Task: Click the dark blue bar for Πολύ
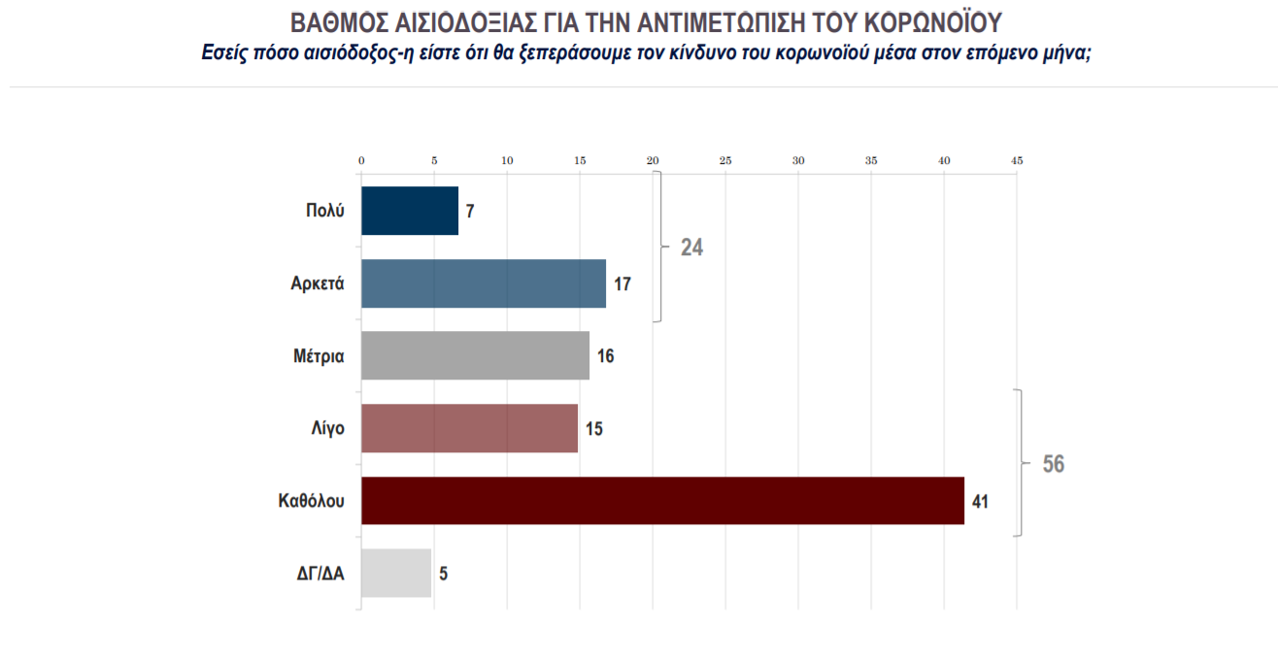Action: [x=409, y=211]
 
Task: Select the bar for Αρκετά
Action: [x=483, y=283]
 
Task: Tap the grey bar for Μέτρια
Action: [x=475, y=355]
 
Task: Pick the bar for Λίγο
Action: [x=469, y=428]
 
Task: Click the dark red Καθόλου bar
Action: [x=662, y=501]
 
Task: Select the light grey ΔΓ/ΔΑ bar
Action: [x=395, y=573]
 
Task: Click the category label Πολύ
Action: [x=325, y=211]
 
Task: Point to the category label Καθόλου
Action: [x=311, y=501]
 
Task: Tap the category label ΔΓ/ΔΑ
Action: [x=320, y=573]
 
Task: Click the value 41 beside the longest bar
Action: [x=981, y=501]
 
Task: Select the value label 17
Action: [x=622, y=283]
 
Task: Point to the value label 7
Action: [x=470, y=211]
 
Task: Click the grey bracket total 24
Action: [x=691, y=247]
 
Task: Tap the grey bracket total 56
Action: [x=1054, y=464]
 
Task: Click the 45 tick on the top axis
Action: [x=1017, y=160]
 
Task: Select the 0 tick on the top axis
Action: [x=361, y=160]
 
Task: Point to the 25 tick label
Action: [x=725, y=160]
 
